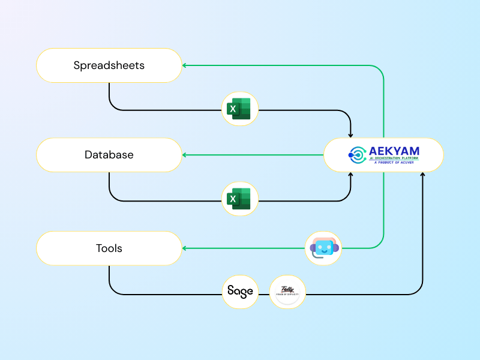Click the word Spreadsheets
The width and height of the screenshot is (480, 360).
coord(109,65)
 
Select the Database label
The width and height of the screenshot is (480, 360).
coord(109,155)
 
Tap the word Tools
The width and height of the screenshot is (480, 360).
coord(109,248)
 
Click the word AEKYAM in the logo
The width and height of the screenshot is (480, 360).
coord(394,151)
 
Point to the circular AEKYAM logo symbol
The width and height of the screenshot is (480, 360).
coord(357,155)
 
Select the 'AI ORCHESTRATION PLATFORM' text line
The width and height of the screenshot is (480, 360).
coord(396,158)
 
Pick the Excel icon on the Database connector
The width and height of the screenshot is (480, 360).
coord(239,199)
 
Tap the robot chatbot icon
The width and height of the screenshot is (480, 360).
coord(323,248)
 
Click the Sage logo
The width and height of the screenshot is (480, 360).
coord(240,292)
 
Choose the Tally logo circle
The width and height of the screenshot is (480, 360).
coord(287,292)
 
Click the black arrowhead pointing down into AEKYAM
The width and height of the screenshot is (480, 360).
coord(350,134)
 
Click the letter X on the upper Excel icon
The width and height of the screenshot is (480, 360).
coord(232,109)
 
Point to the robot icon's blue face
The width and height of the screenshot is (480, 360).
coord(324,247)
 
